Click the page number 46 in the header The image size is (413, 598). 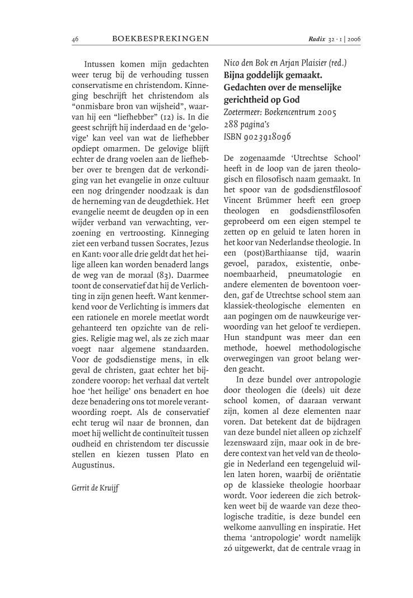75,39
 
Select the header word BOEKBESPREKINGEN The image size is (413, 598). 160,39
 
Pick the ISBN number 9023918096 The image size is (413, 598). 273,137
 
